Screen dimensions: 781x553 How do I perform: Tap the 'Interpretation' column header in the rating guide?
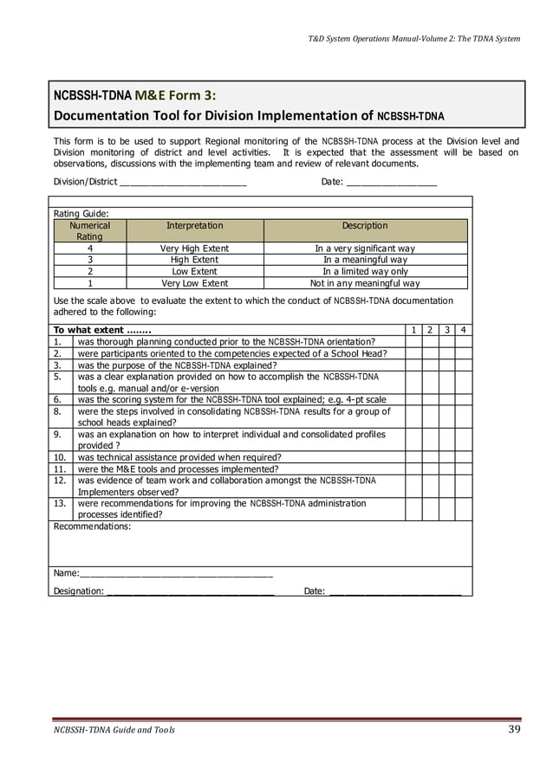pyautogui.click(x=194, y=225)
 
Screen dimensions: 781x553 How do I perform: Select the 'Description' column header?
pyautogui.click(x=364, y=225)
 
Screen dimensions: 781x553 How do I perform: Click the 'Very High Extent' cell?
pyautogui.click(x=194, y=248)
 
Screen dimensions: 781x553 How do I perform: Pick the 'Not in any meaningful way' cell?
pyautogui.click(x=364, y=283)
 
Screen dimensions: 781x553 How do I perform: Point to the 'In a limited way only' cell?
pyautogui.click(x=364, y=271)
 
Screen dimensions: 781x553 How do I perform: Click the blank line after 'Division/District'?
pyautogui.click(x=182, y=182)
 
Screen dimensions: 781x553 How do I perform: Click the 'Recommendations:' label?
pyautogui.click(x=93, y=526)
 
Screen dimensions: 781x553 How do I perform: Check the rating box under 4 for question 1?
pyautogui.click(x=464, y=341)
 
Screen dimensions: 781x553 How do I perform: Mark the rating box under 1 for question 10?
pyautogui.click(x=413, y=457)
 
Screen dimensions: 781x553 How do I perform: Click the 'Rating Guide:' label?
pyautogui.click(x=81, y=213)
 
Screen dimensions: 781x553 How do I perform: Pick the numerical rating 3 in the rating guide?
pyautogui.click(x=90, y=260)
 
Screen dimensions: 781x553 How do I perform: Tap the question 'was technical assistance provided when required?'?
pyautogui.click(x=179, y=457)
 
